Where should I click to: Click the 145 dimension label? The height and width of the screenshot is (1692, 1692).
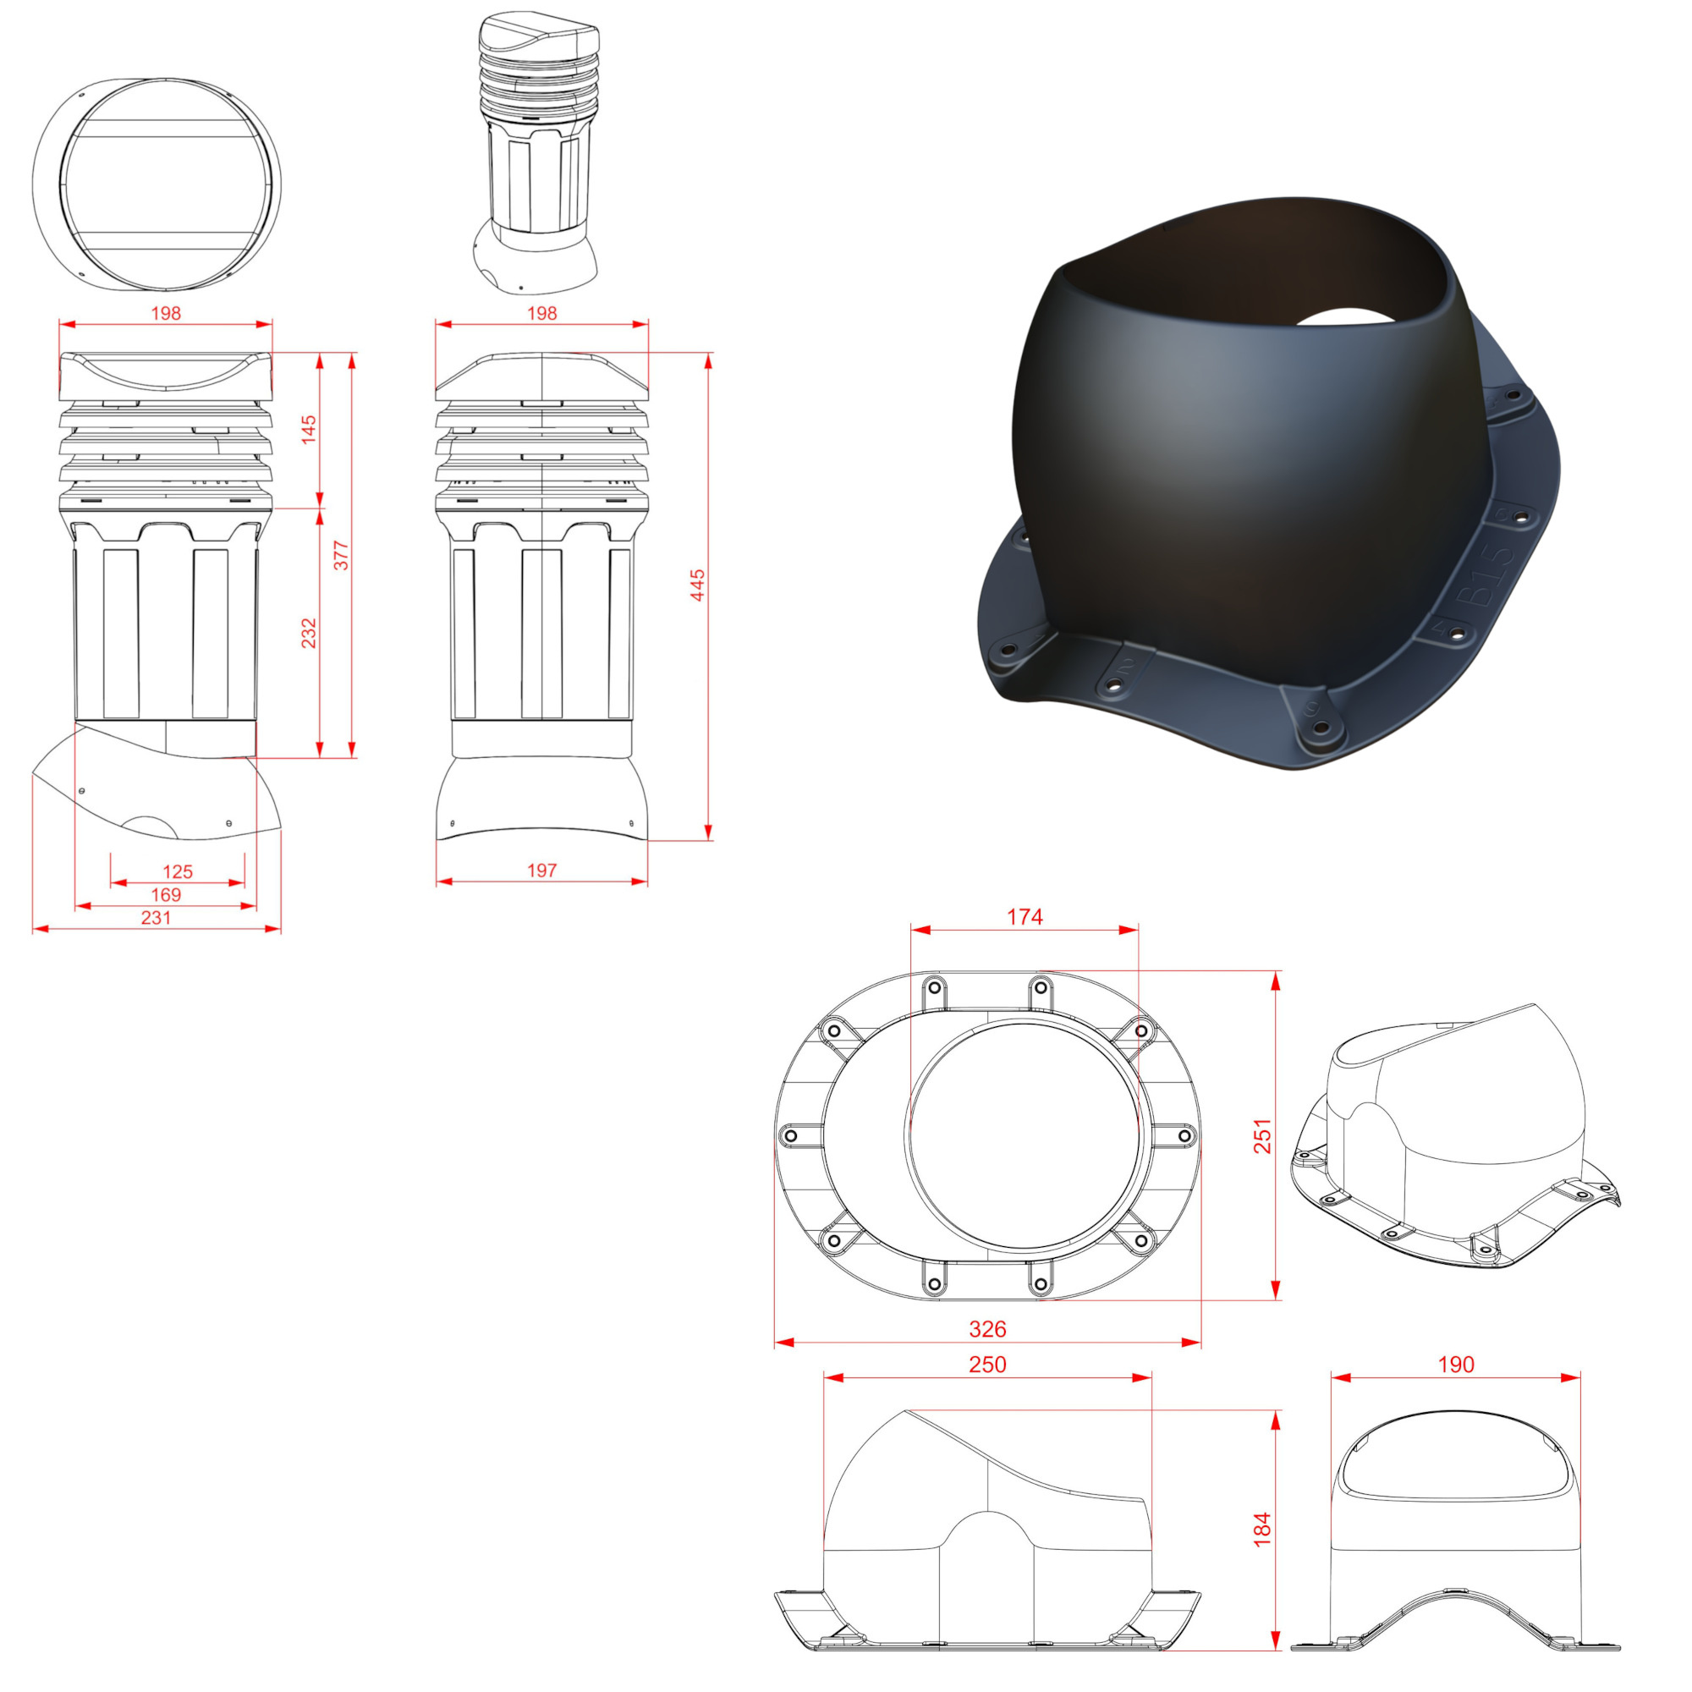[309, 429]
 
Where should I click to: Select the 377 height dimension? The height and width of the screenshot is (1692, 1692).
[342, 555]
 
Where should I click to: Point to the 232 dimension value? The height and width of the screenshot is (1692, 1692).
[309, 633]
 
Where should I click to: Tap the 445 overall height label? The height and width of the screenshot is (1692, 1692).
[698, 585]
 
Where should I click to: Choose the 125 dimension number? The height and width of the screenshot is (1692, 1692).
[178, 871]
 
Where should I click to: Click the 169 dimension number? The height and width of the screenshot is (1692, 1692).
[167, 894]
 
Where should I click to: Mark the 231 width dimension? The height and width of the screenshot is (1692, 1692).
[156, 917]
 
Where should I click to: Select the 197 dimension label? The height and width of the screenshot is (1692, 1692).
[542, 871]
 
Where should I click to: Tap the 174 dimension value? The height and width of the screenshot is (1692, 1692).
[1025, 916]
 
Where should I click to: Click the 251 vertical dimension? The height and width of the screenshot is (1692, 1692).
[1262, 1136]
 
